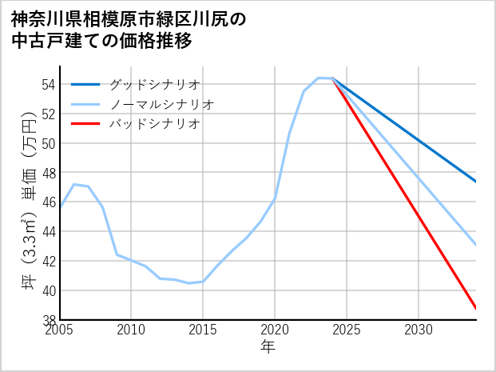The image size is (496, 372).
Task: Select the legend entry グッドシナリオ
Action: click(155, 84)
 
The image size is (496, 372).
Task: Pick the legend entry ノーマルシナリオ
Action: click(162, 104)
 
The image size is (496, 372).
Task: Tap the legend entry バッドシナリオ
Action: click(155, 124)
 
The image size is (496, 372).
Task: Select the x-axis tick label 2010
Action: click(132, 330)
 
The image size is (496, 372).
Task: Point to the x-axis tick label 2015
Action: click(203, 330)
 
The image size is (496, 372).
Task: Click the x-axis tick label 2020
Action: click(275, 330)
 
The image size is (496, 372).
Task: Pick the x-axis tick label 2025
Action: click(347, 330)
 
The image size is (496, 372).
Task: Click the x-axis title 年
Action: click(268, 347)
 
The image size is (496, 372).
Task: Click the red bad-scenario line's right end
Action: click(475, 308)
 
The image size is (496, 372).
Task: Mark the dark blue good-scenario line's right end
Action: click(475, 182)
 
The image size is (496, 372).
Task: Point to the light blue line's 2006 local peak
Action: click(74, 185)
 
